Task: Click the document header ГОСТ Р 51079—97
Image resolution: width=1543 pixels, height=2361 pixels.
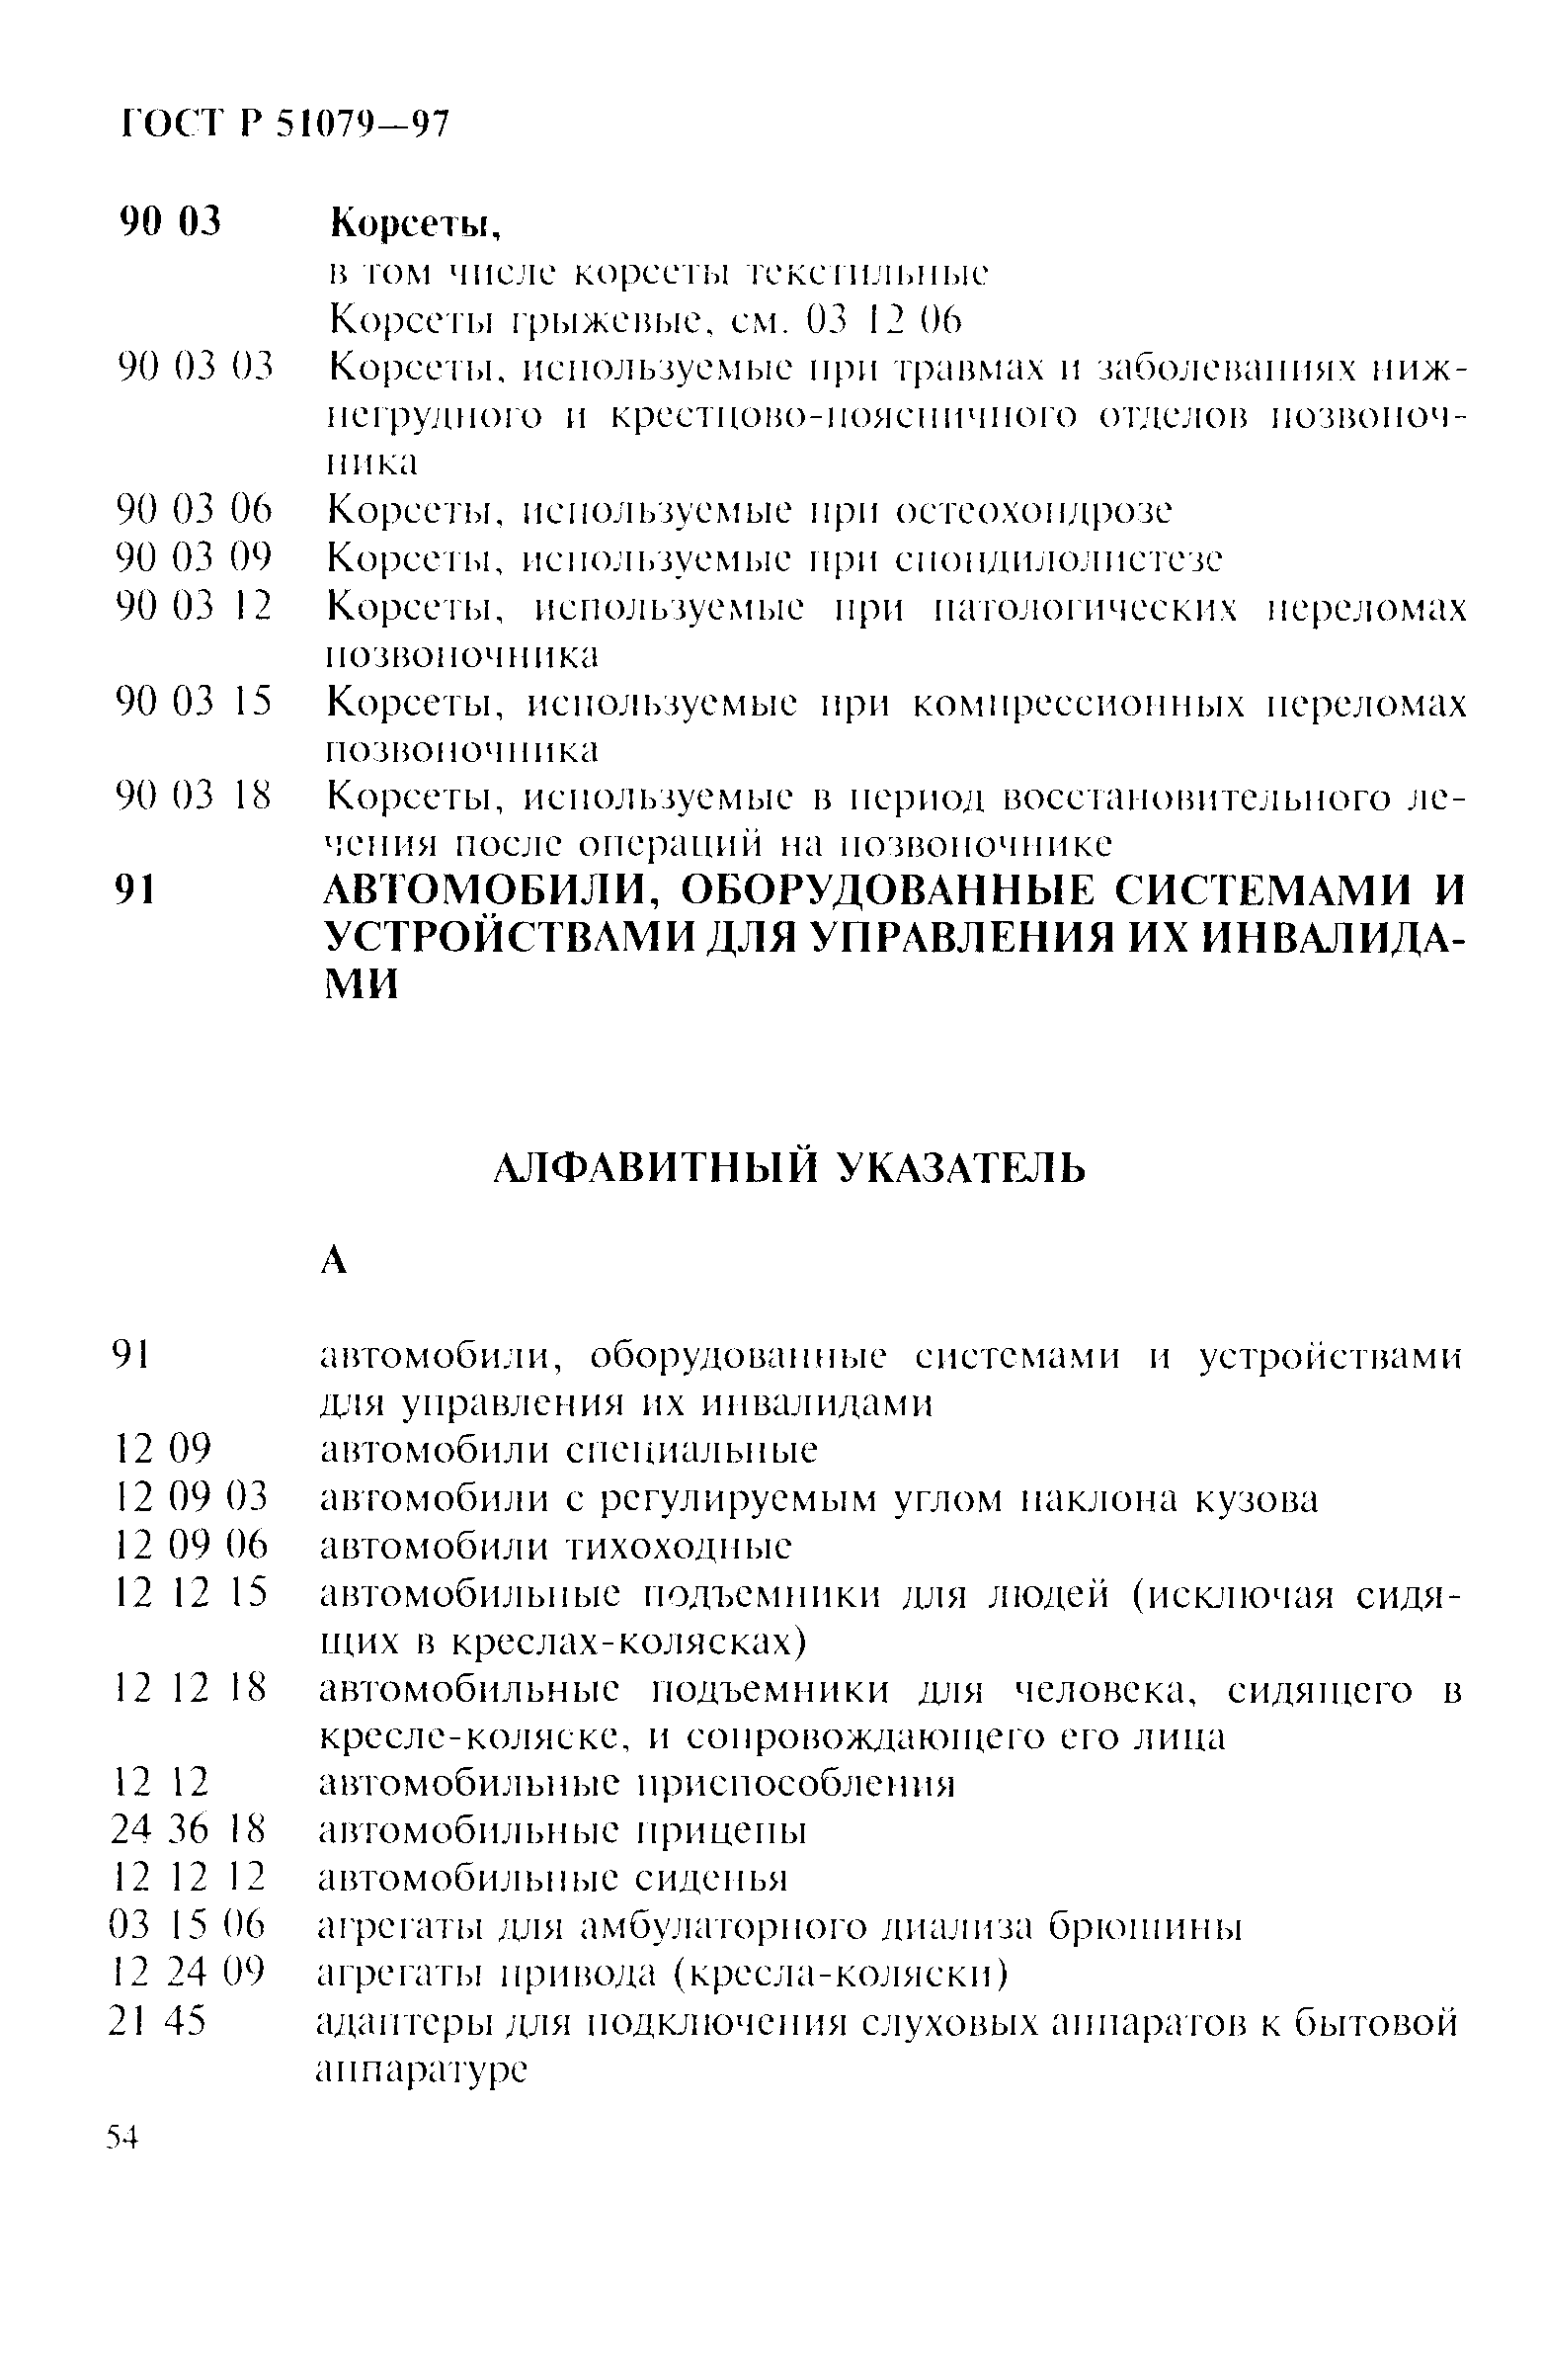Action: [284, 124]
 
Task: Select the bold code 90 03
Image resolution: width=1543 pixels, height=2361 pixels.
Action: [170, 221]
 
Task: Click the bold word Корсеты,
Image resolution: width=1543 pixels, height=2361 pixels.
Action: [416, 225]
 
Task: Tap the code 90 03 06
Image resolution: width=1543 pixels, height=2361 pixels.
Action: [194, 510]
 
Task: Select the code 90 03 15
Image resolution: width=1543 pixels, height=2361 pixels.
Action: [194, 703]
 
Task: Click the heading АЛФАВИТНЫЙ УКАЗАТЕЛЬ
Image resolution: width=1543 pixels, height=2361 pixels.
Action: [789, 1168]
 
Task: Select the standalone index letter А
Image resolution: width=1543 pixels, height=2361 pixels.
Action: [335, 1261]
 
